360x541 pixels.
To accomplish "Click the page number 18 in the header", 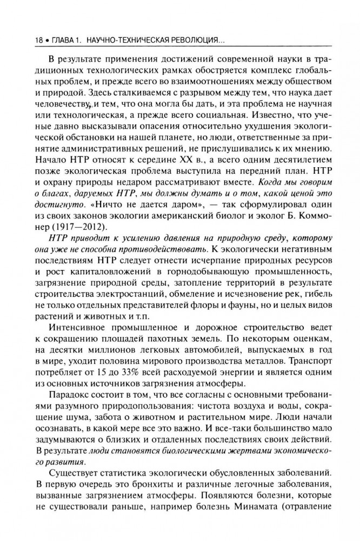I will click(23, 41).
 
